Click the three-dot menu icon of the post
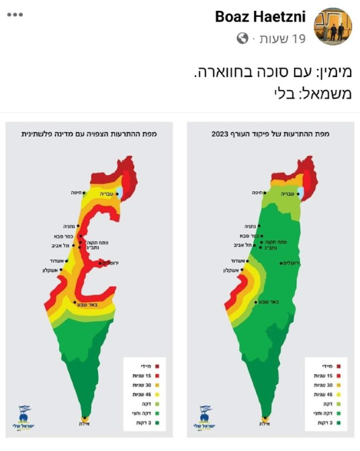15,14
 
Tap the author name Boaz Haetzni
261,16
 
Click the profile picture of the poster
333,26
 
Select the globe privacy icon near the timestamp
242,39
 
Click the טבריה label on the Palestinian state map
107,193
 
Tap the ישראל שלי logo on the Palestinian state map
23,416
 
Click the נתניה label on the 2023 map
249,226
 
